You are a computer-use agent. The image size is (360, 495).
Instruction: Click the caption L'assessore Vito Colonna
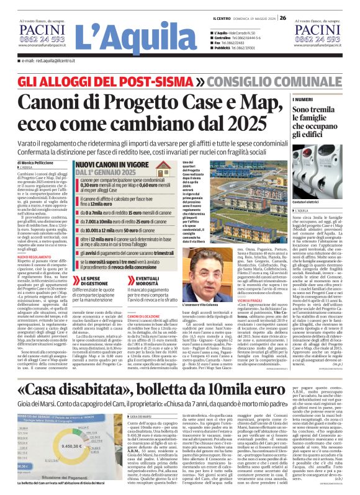[210, 254]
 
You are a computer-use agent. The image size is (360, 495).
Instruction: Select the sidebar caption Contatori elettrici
[308, 202]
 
